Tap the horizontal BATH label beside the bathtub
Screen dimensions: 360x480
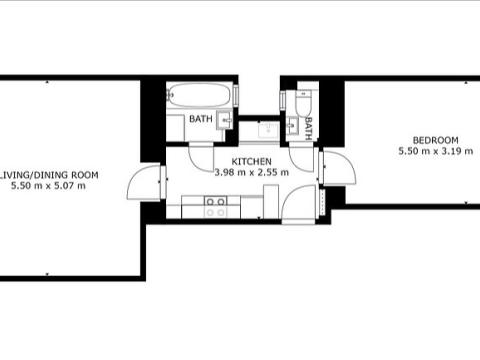(x=202, y=120)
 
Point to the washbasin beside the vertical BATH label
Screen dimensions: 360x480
(x=292, y=125)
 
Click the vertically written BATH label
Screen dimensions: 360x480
(x=310, y=127)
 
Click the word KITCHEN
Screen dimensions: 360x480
(x=251, y=161)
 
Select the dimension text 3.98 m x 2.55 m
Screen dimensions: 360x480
(x=251, y=172)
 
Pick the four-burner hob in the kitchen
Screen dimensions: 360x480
(x=215, y=206)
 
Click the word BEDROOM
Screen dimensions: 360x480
(x=435, y=139)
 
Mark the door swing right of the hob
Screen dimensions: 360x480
(x=300, y=204)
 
